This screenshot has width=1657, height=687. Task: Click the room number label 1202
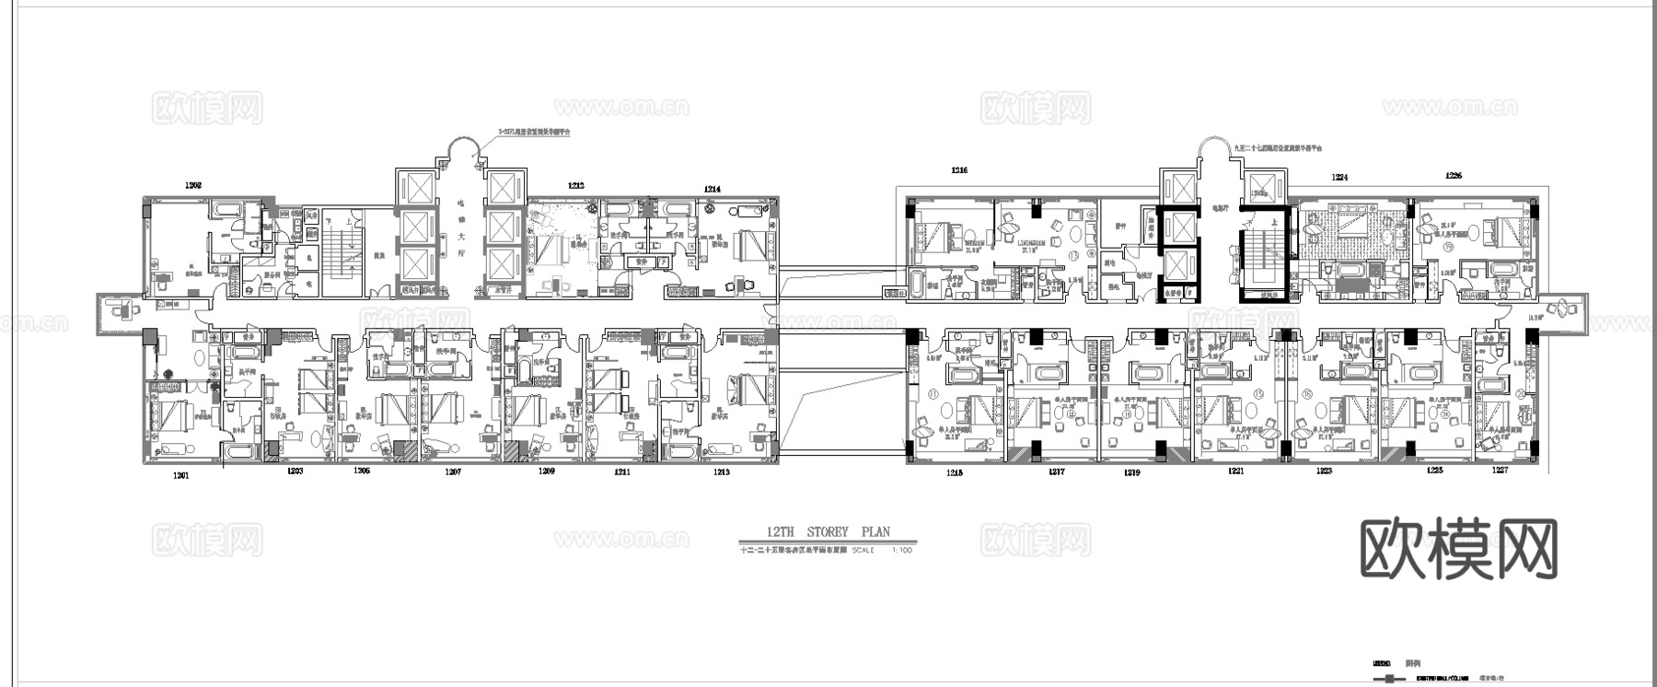click(193, 185)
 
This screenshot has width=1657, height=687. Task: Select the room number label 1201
click(180, 475)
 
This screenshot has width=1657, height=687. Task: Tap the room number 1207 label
click(453, 472)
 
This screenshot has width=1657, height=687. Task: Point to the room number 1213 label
click(721, 472)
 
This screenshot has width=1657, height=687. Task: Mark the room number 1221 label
click(1235, 472)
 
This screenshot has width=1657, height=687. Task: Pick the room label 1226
click(1454, 175)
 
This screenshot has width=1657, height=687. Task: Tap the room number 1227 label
click(1500, 471)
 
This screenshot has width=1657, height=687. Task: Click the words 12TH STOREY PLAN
click(828, 532)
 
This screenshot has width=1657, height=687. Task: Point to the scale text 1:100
click(902, 551)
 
